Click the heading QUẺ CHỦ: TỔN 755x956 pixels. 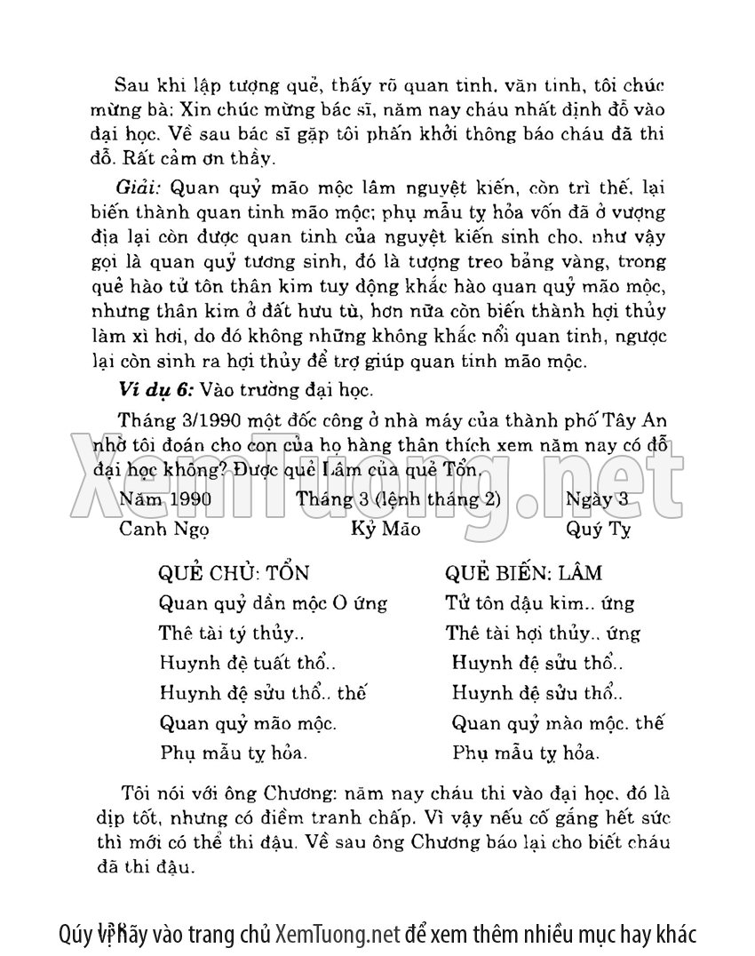coord(233,573)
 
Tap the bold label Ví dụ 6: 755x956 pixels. coord(155,389)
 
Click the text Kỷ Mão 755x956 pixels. coord(385,529)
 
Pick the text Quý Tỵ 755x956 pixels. coord(597,529)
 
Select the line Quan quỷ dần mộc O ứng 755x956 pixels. coord(273,603)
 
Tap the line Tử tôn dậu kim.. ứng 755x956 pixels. coord(539,603)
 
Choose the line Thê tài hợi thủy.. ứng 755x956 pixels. coord(542,633)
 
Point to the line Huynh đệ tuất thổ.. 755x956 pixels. coord(248,663)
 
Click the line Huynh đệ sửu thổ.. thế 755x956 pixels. coord(263,693)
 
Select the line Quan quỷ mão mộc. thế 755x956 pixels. coord(557,722)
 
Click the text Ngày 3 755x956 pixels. coord(597,498)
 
